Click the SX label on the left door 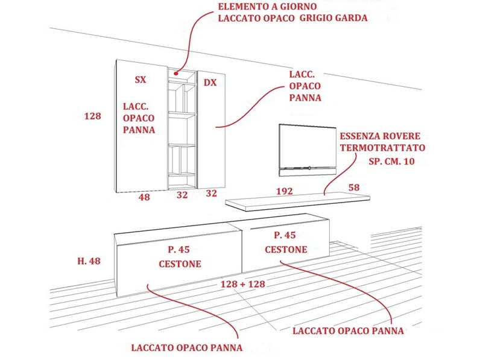141,80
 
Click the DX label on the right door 210,83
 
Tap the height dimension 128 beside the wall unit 92,116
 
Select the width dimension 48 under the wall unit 144,197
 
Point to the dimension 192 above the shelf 285,191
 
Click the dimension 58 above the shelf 354,188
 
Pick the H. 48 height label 89,261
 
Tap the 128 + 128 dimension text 243,284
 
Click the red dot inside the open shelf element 176,74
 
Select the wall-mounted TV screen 308,150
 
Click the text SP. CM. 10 391,162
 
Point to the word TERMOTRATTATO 382,148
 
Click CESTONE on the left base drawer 180,264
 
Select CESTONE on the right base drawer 286,250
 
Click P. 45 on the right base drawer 285,235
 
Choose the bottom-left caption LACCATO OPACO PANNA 187,348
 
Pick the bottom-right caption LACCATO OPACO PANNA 348,331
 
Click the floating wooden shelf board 297,201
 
